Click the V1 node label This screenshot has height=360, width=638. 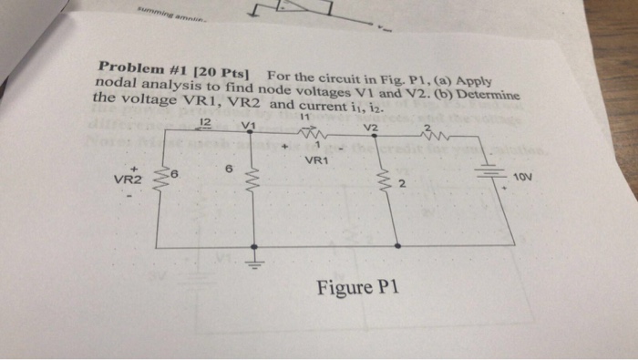point(248,127)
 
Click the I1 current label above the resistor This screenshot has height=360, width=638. point(304,118)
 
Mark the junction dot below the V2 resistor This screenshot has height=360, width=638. point(398,245)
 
